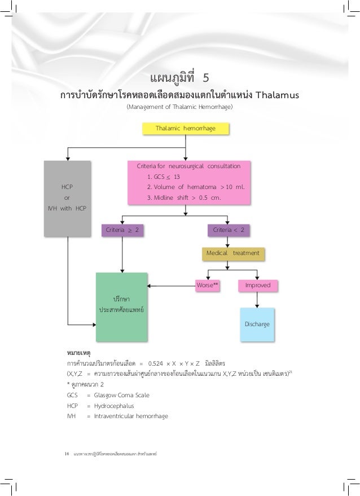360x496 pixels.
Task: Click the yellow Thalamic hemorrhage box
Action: point(186,129)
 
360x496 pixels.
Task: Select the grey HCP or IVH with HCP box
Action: point(67,197)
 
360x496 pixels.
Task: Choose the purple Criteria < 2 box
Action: point(229,230)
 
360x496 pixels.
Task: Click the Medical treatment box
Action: point(233,253)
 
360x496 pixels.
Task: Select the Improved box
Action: point(257,286)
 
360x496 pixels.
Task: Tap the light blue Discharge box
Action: point(257,324)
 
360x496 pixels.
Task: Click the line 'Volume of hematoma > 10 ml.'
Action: point(195,187)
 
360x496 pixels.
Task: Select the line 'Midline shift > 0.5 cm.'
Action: point(183,198)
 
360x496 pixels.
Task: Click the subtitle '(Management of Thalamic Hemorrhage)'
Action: point(179,107)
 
